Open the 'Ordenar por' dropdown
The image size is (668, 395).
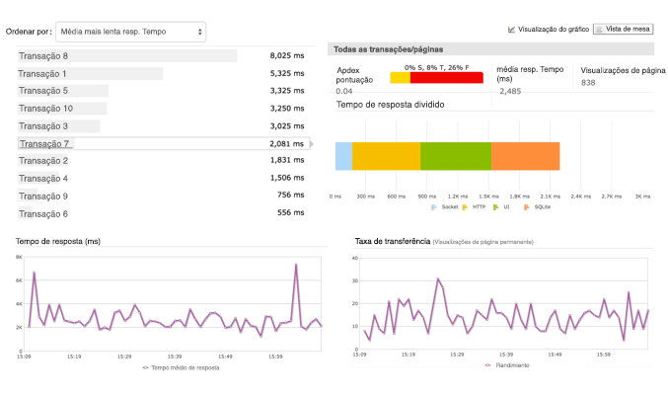pyautogui.click(x=131, y=32)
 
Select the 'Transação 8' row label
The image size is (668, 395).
pyautogui.click(x=43, y=56)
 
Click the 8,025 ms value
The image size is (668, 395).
pyautogui.click(x=287, y=56)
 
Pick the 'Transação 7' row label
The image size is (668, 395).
pyautogui.click(x=43, y=144)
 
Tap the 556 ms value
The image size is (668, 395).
pyautogui.click(x=292, y=213)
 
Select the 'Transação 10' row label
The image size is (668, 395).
pyautogui.click(x=45, y=109)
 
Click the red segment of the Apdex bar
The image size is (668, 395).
pyautogui.click(x=446, y=78)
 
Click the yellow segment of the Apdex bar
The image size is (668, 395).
pyautogui.click(x=400, y=78)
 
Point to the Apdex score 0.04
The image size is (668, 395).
pyautogui.click(x=344, y=91)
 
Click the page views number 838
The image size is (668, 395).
pyautogui.click(x=589, y=83)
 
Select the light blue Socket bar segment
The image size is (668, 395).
pyautogui.click(x=343, y=157)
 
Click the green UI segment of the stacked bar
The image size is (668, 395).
pyautogui.click(x=455, y=157)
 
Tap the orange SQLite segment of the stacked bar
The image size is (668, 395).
pyautogui.click(x=525, y=157)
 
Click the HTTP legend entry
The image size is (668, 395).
pyautogui.click(x=478, y=207)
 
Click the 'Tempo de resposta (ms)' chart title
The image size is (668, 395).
pyautogui.click(x=59, y=241)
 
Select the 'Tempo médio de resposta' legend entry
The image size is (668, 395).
pyautogui.click(x=184, y=366)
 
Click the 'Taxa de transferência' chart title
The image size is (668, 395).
pyautogui.click(x=392, y=241)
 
